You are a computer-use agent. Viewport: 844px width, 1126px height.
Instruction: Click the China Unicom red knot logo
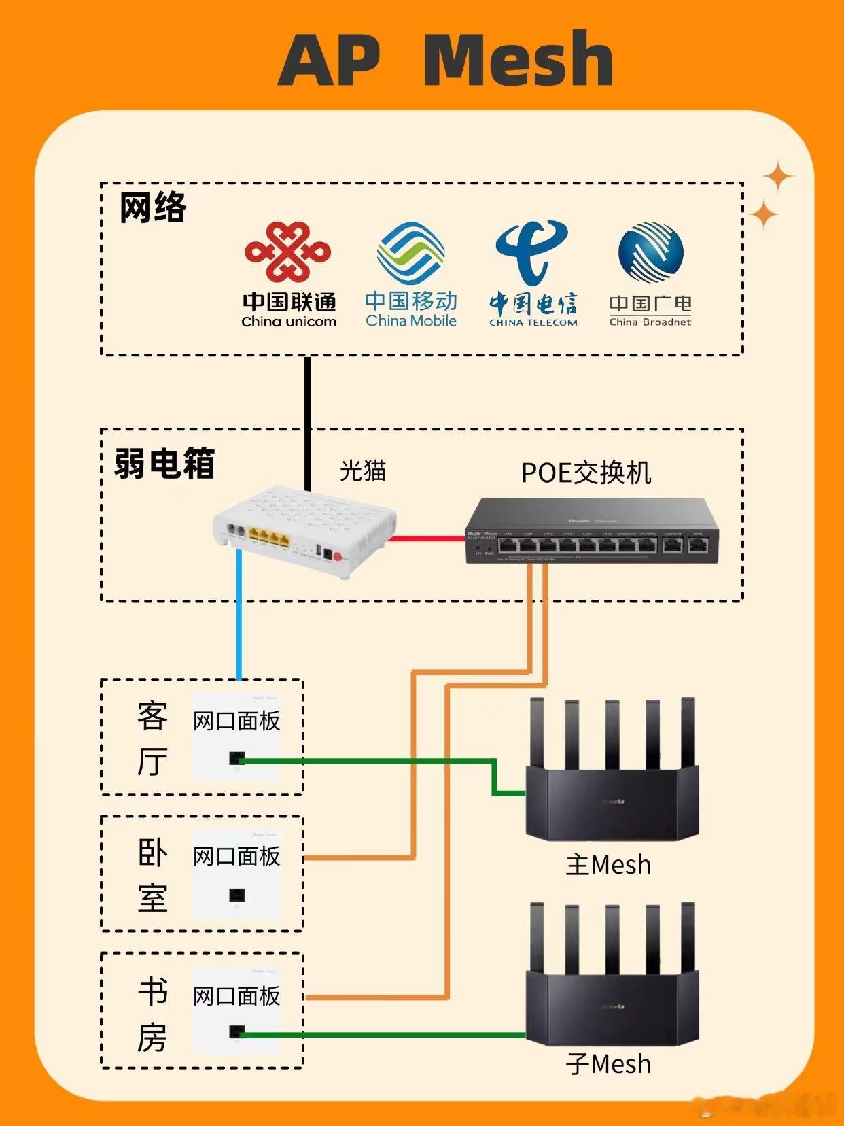(x=288, y=252)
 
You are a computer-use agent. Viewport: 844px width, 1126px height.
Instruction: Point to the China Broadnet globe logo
(x=650, y=252)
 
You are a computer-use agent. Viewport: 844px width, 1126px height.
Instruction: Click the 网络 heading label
(x=152, y=207)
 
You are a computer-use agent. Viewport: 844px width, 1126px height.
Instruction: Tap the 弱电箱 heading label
(x=164, y=464)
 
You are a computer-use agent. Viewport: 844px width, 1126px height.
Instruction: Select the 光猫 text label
(x=362, y=471)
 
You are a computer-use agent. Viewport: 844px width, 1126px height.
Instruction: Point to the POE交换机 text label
(x=586, y=473)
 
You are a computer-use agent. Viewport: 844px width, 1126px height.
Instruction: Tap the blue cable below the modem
(x=239, y=612)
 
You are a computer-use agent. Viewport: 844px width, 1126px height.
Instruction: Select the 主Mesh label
(x=608, y=865)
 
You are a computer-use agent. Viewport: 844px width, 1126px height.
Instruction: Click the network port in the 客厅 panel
(x=236, y=758)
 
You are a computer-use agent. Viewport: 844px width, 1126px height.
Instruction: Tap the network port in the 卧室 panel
(x=236, y=895)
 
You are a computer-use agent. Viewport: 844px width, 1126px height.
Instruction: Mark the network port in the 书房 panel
(x=236, y=1032)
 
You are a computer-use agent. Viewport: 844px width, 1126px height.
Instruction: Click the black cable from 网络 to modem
(x=308, y=422)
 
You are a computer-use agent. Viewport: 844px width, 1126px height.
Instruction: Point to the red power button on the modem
(x=338, y=557)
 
